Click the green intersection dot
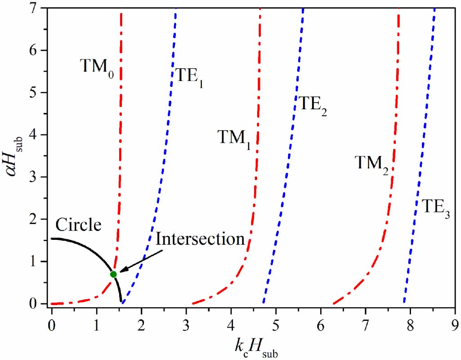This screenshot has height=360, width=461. (x=113, y=274)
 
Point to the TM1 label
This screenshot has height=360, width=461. (x=233, y=137)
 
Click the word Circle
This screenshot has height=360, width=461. (x=78, y=225)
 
